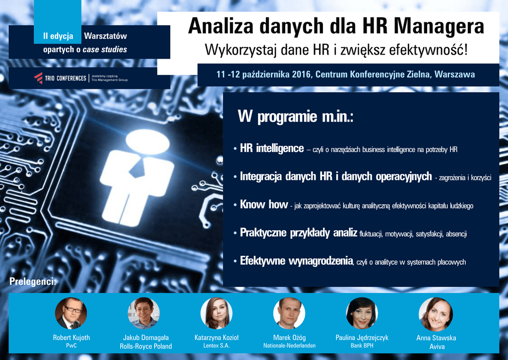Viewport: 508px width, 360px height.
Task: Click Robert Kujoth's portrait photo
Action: tap(71, 313)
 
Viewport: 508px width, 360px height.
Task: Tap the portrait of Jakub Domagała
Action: tap(144, 313)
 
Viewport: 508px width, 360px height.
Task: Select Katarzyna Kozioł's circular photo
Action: tap(216, 313)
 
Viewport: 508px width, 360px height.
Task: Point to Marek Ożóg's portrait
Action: tap(289, 313)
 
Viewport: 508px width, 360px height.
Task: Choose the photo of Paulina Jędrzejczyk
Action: tap(362, 313)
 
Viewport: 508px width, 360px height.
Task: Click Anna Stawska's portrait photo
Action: tap(436, 314)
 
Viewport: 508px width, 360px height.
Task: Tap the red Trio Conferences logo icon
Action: tap(38, 78)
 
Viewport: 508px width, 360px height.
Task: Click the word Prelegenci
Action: tap(33, 282)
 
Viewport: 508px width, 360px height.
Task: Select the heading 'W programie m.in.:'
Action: tap(295, 116)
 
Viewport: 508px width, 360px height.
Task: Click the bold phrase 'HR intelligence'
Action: tap(272, 148)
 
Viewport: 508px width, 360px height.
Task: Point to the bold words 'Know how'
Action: tap(264, 204)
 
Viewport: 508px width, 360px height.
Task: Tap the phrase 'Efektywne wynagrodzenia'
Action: tap(296, 261)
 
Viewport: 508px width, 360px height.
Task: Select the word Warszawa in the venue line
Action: tap(454, 74)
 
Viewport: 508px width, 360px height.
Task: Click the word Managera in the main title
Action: tap(439, 26)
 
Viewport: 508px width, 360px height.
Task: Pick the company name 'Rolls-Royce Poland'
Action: tap(146, 347)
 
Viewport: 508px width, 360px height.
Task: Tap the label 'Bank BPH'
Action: tap(362, 346)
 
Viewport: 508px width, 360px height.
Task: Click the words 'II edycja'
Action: tap(59, 36)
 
